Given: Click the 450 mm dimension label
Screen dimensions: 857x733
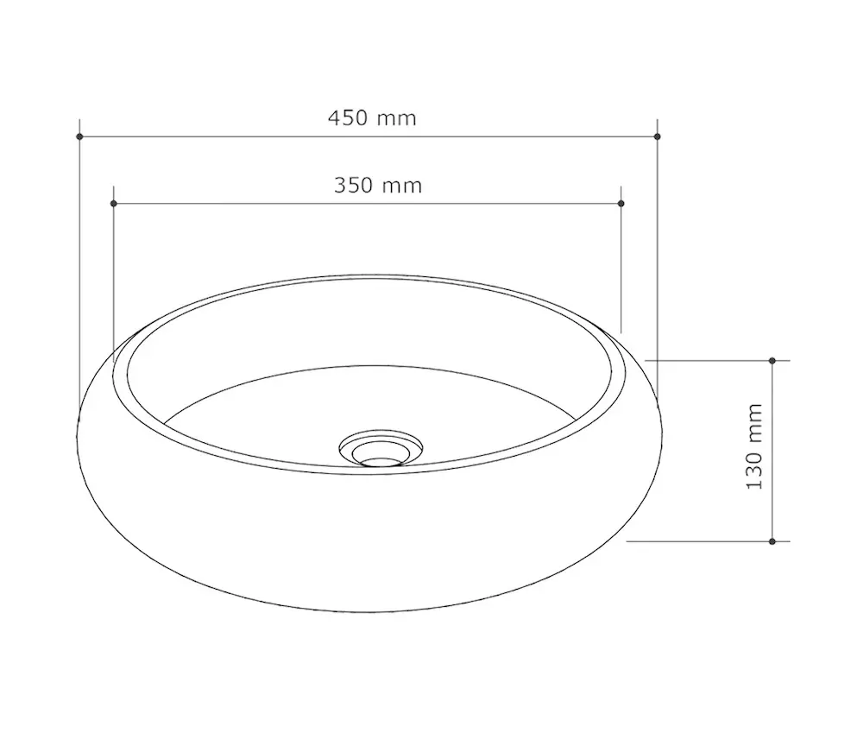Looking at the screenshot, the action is coord(372,118).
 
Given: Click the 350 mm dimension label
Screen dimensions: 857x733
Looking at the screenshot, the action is coord(378,186).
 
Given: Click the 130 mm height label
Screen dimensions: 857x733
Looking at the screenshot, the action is coord(754,446).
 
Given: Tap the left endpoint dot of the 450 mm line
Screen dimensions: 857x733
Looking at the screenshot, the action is coord(79,136).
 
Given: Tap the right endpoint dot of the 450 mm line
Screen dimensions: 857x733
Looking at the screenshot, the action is coord(658,136).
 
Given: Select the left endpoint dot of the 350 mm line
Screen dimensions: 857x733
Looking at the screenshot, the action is coord(114,204).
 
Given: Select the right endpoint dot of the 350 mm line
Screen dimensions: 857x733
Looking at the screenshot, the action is coord(621,204).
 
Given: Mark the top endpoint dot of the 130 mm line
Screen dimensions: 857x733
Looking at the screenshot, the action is coord(772,361).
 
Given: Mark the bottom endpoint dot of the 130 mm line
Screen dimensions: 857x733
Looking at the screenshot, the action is coord(772,541).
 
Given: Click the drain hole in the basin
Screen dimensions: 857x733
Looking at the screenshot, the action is coord(381,463).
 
